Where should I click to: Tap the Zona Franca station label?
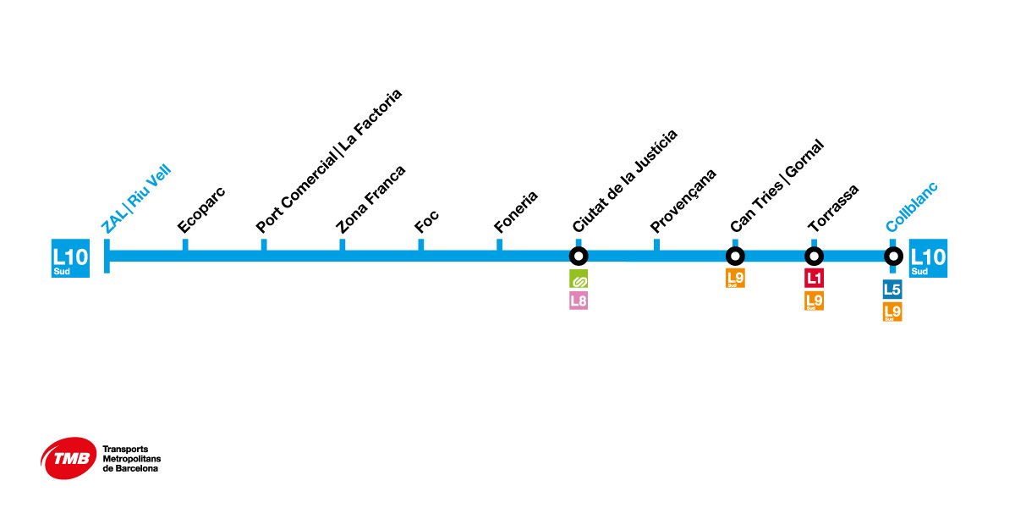pyautogui.click(x=370, y=199)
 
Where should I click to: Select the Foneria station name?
pyautogui.click(x=515, y=212)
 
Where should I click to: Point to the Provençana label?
pyautogui.click(x=683, y=201)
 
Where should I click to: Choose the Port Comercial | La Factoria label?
pyautogui.click(x=329, y=161)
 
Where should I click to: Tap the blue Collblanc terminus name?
pyautogui.click(x=912, y=207)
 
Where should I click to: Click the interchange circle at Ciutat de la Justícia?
pyautogui.click(x=579, y=256)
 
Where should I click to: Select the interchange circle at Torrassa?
pyautogui.click(x=814, y=256)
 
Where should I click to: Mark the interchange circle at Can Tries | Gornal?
pyautogui.click(x=735, y=256)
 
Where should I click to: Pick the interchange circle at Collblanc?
pyautogui.click(x=892, y=256)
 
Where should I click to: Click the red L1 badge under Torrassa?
pyautogui.click(x=814, y=278)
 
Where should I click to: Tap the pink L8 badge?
pyautogui.click(x=579, y=300)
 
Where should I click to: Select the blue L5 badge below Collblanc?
pyautogui.click(x=892, y=290)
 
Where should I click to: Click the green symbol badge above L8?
pyautogui.click(x=579, y=279)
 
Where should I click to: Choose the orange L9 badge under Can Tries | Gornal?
pyautogui.click(x=735, y=278)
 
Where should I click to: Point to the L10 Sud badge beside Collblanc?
pyautogui.click(x=928, y=258)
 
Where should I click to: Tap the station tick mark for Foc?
pyautogui.click(x=420, y=245)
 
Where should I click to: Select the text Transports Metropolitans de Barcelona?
pyautogui.click(x=130, y=459)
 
